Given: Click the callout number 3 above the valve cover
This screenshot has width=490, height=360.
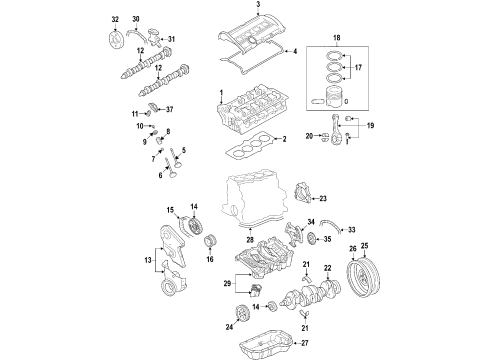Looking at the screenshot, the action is pyautogui.click(x=258, y=4).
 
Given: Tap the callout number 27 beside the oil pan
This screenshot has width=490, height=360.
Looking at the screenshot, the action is pyautogui.click(x=305, y=343).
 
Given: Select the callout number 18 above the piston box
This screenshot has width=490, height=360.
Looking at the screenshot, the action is pyautogui.click(x=336, y=38).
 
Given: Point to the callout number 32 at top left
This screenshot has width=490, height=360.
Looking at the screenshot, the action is pyautogui.click(x=115, y=19).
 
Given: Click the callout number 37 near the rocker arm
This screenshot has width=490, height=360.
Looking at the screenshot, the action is pyautogui.click(x=169, y=109).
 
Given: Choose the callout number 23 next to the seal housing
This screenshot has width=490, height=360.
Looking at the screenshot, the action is pyautogui.click(x=323, y=199).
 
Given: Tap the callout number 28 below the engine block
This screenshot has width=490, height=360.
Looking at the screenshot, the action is pyautogui.click(x=250, y=239).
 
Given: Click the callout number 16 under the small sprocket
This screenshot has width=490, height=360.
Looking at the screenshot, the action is pyautogui.click(x=210, y=259).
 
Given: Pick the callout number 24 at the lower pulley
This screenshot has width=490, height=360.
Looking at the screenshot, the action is pyautogui.click(x=229, y=327).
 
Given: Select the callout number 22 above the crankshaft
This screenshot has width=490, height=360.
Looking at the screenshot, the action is pyautogui.click(x=328, y=268).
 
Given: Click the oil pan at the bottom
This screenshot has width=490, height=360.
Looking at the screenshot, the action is pyautogui.click(x=267, y=344).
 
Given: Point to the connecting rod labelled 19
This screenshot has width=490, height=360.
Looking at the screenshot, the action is pyautogui.click(x=335, y=130).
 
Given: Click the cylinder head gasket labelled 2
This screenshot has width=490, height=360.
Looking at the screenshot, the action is pyautogui.click(x=250, y=146).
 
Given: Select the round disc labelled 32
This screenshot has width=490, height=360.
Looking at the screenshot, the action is pyautogui.click(x=116, y=41).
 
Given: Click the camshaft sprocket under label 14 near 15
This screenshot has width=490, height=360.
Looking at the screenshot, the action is pyautogui.click(x=195, y=226).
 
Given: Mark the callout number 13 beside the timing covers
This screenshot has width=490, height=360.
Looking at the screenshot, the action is pyautogui.click(x=148, y=260).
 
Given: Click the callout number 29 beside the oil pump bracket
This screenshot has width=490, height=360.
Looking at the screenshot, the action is pyautogui.click(x=227, y=284).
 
